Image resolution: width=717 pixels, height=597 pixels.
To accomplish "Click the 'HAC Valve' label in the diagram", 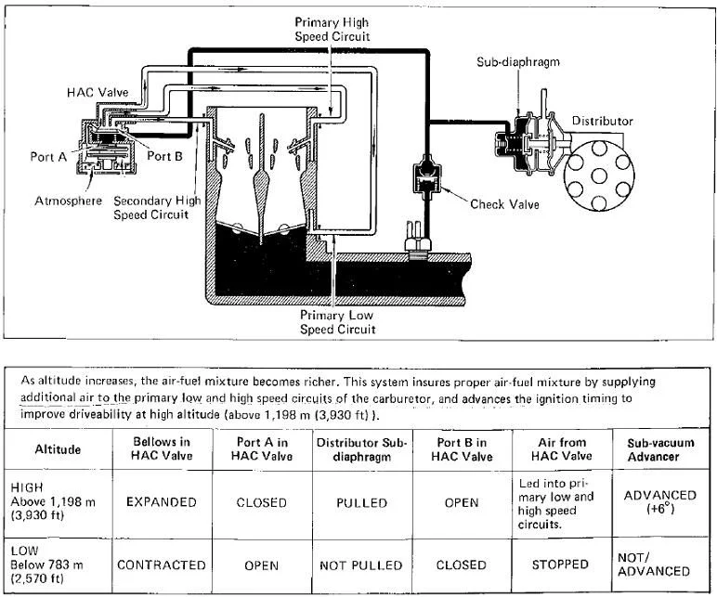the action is [x=98, y=92].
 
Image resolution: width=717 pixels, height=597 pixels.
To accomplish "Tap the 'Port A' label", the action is [x=48, y=157].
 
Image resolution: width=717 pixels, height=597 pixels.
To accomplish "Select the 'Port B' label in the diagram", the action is [x=164, y=156].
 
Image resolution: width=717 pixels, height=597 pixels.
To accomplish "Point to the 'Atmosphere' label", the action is [x=68, y=201].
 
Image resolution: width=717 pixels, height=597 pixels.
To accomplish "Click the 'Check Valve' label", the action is [x=504, y=204].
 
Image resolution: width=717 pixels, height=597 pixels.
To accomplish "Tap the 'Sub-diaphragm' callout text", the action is [x=518, y=61].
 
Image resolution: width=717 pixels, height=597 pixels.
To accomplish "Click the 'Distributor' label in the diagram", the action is [x=602, y=121].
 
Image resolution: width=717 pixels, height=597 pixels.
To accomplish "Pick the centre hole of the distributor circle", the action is [x=598, y=176].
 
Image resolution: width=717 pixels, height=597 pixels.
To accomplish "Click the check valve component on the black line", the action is [x=427, y=177].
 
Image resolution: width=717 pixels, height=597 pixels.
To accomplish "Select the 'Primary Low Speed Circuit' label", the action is [x=337, y=322].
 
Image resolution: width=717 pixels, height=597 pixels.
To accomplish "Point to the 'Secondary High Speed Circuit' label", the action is [x=157, y=208].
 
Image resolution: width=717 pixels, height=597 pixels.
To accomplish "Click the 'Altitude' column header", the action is [x=58, y=448].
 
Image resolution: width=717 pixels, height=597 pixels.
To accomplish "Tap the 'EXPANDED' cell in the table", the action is [x=162, y=502].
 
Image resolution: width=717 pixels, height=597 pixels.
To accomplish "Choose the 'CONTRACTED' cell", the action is [x=162, y=565].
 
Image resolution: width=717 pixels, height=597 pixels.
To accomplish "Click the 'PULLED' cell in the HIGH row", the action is [x=361, y=503].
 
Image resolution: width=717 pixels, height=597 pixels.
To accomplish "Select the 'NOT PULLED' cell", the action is [x=361, y=565].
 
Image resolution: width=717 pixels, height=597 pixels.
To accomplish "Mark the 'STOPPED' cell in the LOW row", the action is [x=560, y=565].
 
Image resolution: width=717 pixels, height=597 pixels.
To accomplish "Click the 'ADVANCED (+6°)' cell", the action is [x=659, y=502].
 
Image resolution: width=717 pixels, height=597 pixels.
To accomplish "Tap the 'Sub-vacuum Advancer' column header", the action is [x=660, y=449].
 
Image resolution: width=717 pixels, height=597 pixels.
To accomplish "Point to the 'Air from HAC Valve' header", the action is [x=562, y=448].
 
